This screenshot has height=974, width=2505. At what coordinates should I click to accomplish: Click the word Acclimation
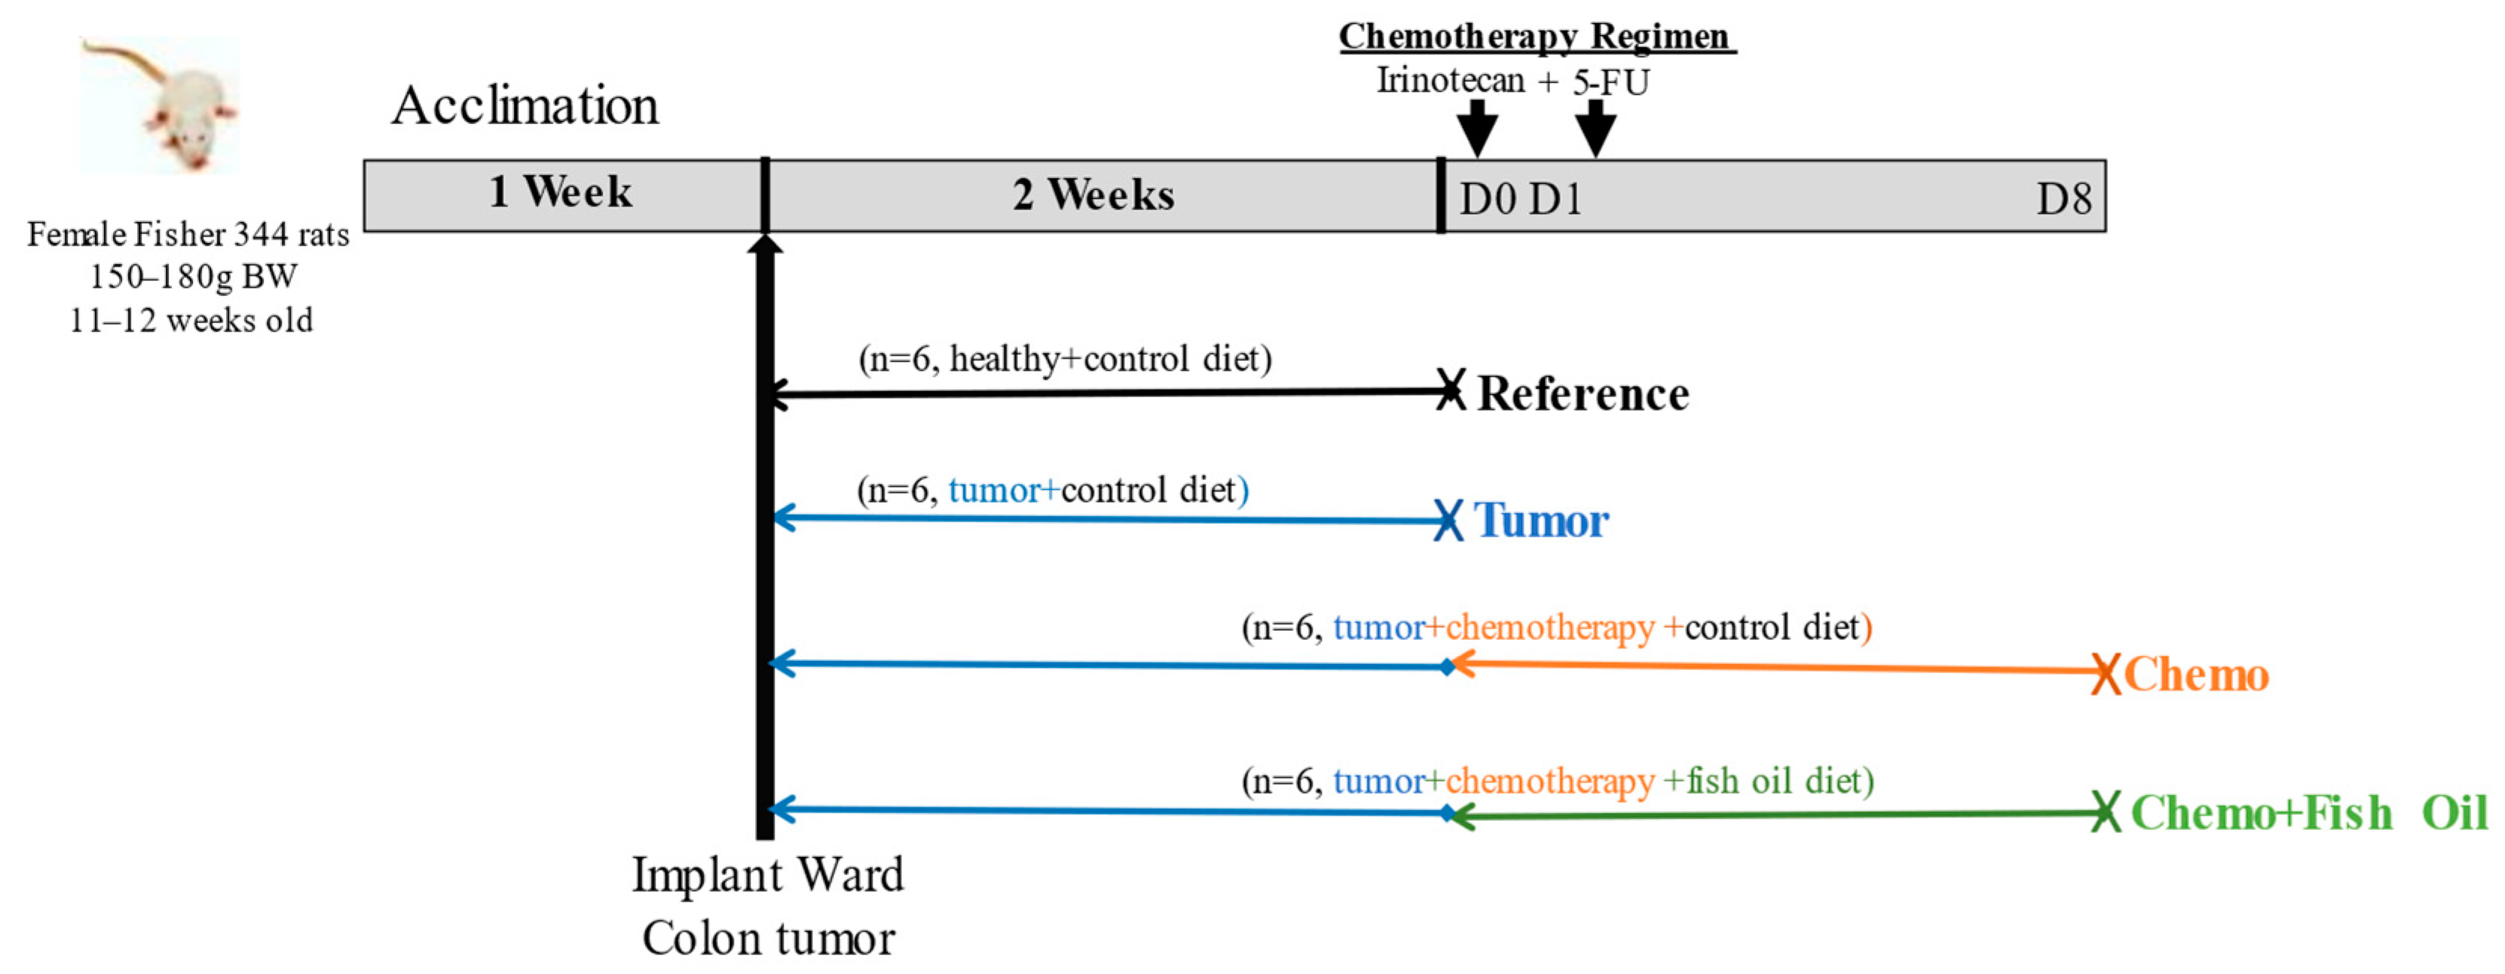tap(525, 105)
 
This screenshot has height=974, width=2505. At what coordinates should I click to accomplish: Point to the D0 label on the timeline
tap(1487, 200)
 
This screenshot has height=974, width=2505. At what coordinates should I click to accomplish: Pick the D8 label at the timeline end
tap(2063, 200)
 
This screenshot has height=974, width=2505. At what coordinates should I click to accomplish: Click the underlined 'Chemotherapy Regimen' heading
tap(1537, 37)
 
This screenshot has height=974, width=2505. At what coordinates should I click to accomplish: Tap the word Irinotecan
tap(1450, 80)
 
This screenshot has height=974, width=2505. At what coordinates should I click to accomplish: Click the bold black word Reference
tap(1582, 394)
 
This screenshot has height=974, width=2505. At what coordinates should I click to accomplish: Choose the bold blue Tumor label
tap(1541, 521)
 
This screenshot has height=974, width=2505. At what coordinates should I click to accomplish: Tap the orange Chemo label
tap(2196, 674)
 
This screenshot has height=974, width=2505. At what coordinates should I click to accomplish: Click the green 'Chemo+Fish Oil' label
tap(2308, 813)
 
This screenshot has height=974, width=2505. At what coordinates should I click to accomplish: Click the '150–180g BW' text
tap(192, 277)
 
